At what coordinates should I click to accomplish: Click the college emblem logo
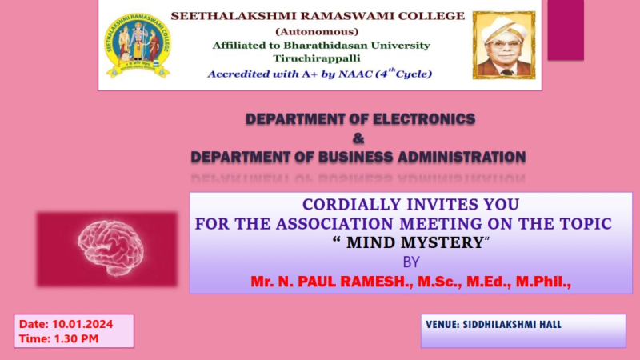138,46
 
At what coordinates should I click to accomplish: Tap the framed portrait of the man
504,45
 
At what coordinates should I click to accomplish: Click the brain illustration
110,248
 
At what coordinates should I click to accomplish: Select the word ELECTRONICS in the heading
424,118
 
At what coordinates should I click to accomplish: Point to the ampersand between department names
358,138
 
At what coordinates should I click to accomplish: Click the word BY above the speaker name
411,262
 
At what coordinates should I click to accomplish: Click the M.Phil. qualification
543,282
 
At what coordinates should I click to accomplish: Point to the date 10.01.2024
82,324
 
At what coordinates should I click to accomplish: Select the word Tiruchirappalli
317,58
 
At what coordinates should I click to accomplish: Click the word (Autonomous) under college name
317,31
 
